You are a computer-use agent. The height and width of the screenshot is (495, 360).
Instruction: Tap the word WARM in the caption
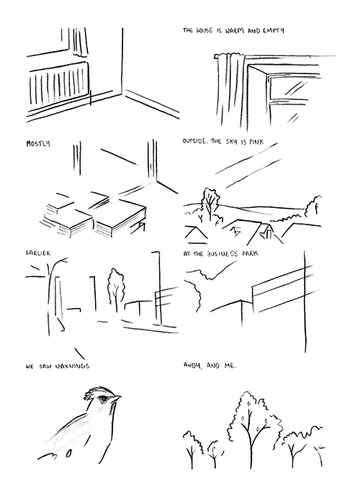click(233, 31)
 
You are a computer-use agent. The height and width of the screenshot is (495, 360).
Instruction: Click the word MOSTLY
click(38, 144)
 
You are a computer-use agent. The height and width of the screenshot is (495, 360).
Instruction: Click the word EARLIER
click(38, 253)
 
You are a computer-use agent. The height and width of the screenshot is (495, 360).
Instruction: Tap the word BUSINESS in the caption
click(222, 254)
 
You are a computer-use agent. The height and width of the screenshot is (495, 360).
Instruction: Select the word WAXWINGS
click(72, 366)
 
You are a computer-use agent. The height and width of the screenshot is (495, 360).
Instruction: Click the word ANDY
click(193, 365)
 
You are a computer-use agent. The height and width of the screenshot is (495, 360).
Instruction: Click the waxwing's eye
click(104, 399)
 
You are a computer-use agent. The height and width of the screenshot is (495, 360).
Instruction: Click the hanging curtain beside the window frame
click(230, 91)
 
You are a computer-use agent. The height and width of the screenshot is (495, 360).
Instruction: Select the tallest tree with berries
click(253, 430)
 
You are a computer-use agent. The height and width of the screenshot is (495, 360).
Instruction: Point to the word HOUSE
click(204, 31)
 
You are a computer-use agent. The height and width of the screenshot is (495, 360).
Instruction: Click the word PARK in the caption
click(250, 253)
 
